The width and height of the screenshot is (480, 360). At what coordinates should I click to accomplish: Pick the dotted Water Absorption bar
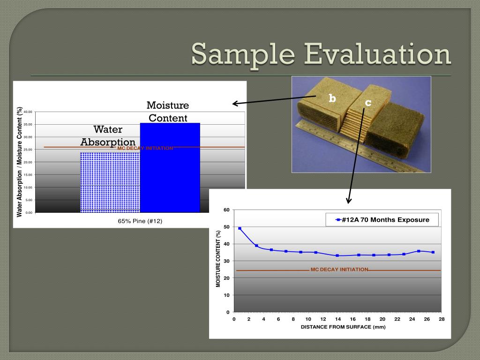(110, 183)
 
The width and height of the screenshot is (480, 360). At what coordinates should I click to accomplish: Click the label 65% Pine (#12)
(140, 221)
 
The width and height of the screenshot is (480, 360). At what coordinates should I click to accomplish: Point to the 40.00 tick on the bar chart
(28, 112)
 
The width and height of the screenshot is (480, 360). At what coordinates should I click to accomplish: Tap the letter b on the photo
(332, 98)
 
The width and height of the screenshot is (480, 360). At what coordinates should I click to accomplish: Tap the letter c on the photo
(368, 103)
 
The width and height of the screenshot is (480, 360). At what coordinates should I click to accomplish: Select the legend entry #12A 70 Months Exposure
(382, 219)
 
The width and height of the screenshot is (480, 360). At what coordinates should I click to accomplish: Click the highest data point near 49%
(240, 228)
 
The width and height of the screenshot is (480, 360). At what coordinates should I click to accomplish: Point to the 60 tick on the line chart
(227, 210)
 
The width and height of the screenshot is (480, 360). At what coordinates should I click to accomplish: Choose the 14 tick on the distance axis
(338, 319)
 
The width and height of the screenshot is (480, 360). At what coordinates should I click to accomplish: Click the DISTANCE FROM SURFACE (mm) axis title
(343, 327)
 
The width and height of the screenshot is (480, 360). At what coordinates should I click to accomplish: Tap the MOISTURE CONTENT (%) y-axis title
(218, 259)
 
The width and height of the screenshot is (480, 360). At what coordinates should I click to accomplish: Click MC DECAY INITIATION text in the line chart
(339, 270)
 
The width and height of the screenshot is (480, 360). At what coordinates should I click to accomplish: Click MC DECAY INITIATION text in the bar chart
(145, 148)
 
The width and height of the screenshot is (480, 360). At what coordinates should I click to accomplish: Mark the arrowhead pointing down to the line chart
(348, 201)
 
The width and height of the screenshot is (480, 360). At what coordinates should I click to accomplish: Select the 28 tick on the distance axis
(442, 319)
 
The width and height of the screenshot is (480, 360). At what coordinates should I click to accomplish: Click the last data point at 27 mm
(433, 252)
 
